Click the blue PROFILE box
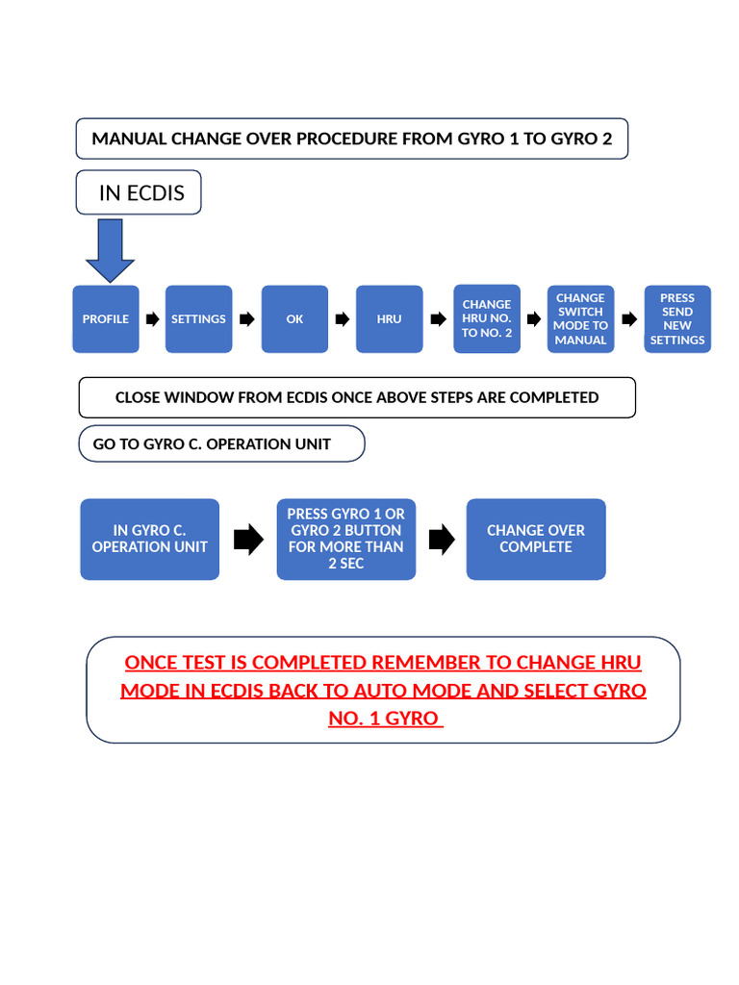coord(106,319)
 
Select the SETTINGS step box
coord(198,319)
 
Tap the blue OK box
coord(294,319)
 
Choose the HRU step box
coord(390,319)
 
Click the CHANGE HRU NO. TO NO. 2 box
coord(487,318)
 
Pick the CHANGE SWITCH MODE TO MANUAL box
coord(580,319)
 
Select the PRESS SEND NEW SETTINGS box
coord(677,319)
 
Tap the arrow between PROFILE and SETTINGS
coord(152,319)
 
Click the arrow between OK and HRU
coord(342,319)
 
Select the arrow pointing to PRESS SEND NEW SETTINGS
coord(629,319)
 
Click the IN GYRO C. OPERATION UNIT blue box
coord(149,539)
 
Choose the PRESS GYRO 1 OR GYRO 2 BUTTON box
coord(345,539)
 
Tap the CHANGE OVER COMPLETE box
coord(536,539)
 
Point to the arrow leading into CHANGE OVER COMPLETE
coord(441,540)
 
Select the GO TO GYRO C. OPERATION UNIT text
coord(212,444)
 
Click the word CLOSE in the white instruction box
coord(139,397)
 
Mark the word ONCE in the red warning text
coord(151,663)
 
